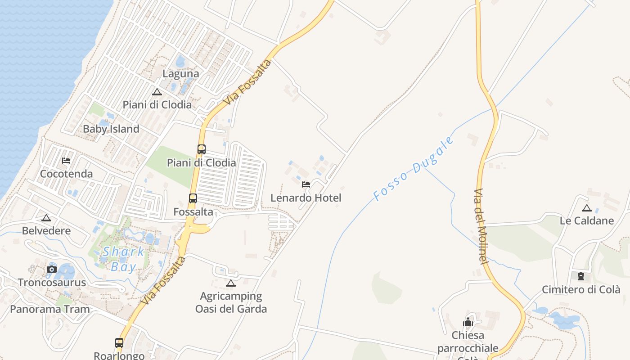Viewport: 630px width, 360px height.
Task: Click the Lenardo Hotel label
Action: (306, 198)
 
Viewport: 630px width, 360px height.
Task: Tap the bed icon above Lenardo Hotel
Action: (306, 184)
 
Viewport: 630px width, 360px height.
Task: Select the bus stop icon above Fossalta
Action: (193, 198)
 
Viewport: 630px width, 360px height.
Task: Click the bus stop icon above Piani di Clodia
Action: (201, 149)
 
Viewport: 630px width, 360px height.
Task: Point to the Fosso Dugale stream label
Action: (413, 169)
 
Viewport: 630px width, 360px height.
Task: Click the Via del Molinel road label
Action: (480, 226)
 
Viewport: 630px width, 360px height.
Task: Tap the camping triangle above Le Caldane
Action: (586, 208)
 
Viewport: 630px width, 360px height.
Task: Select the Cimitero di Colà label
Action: (581, 289)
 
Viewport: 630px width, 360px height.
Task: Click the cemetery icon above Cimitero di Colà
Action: (581, 276)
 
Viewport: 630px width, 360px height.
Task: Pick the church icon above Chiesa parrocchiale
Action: (468, 322)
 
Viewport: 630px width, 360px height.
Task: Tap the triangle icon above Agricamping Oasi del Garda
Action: (231, 283)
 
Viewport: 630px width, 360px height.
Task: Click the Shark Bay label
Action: (123, 259)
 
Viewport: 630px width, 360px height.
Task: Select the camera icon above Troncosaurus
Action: (52, 270)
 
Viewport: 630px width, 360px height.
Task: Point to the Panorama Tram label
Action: (50, 309)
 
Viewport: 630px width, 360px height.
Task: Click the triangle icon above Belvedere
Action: (46, 218)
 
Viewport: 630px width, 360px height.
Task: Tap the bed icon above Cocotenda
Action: (66, 161)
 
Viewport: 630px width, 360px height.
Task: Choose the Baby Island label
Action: (111, 129)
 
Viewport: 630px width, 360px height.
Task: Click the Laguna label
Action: (181, 74)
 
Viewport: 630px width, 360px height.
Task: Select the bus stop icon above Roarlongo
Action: (119, 343)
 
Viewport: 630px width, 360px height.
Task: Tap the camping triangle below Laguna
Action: (157, 92)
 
